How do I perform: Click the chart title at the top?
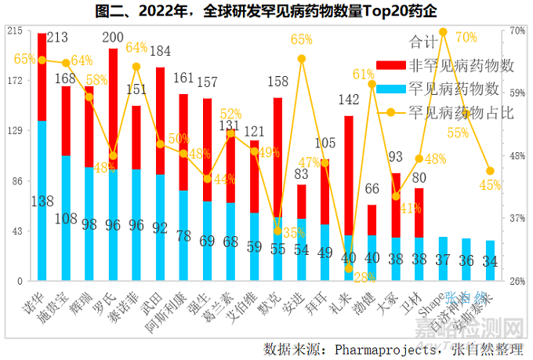coord(266,12)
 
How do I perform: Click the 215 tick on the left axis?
coord(13,31)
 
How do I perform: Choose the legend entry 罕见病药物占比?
coord(460,112)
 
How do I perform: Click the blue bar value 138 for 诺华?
coord(42,202)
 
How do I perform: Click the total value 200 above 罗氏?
coord(113,38)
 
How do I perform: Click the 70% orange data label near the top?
coord(466,37)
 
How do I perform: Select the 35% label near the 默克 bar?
coord(294,232)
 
